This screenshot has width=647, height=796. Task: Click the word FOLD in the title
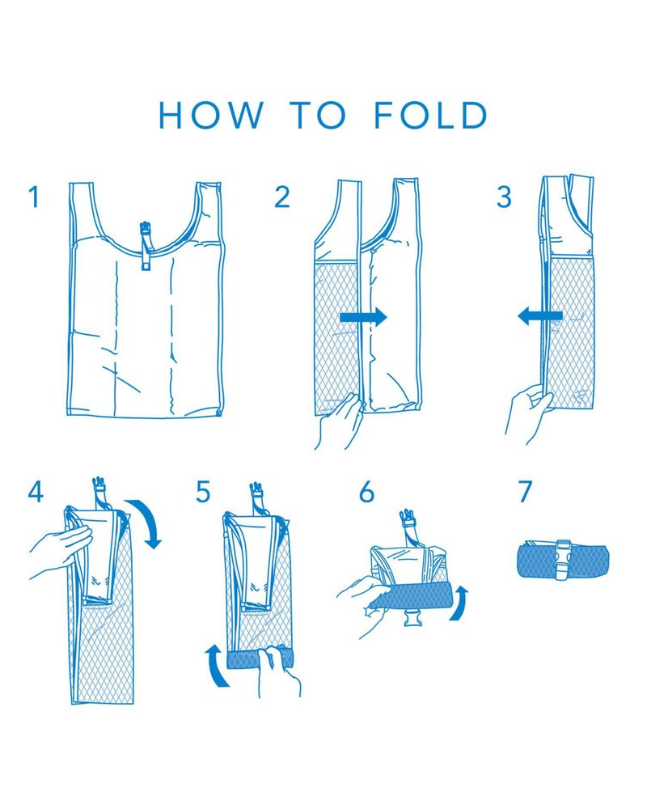[430, 115]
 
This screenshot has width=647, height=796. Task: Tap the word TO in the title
[318, 115]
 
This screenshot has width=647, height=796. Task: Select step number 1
[34, 197]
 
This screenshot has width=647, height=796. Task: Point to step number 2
[282, 197]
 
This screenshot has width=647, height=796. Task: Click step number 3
[504, 197]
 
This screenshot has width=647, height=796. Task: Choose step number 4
[36, 491]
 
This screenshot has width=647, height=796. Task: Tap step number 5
[203, 491]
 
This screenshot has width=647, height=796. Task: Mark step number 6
[366, 491]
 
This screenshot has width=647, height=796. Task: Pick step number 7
[525, 491]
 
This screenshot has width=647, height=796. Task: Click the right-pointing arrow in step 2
[363, 318]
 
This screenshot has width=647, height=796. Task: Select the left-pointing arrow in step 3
[540, 317]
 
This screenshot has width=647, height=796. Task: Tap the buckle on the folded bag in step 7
[562, 560]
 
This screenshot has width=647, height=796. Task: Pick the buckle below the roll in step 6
[412, 617]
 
